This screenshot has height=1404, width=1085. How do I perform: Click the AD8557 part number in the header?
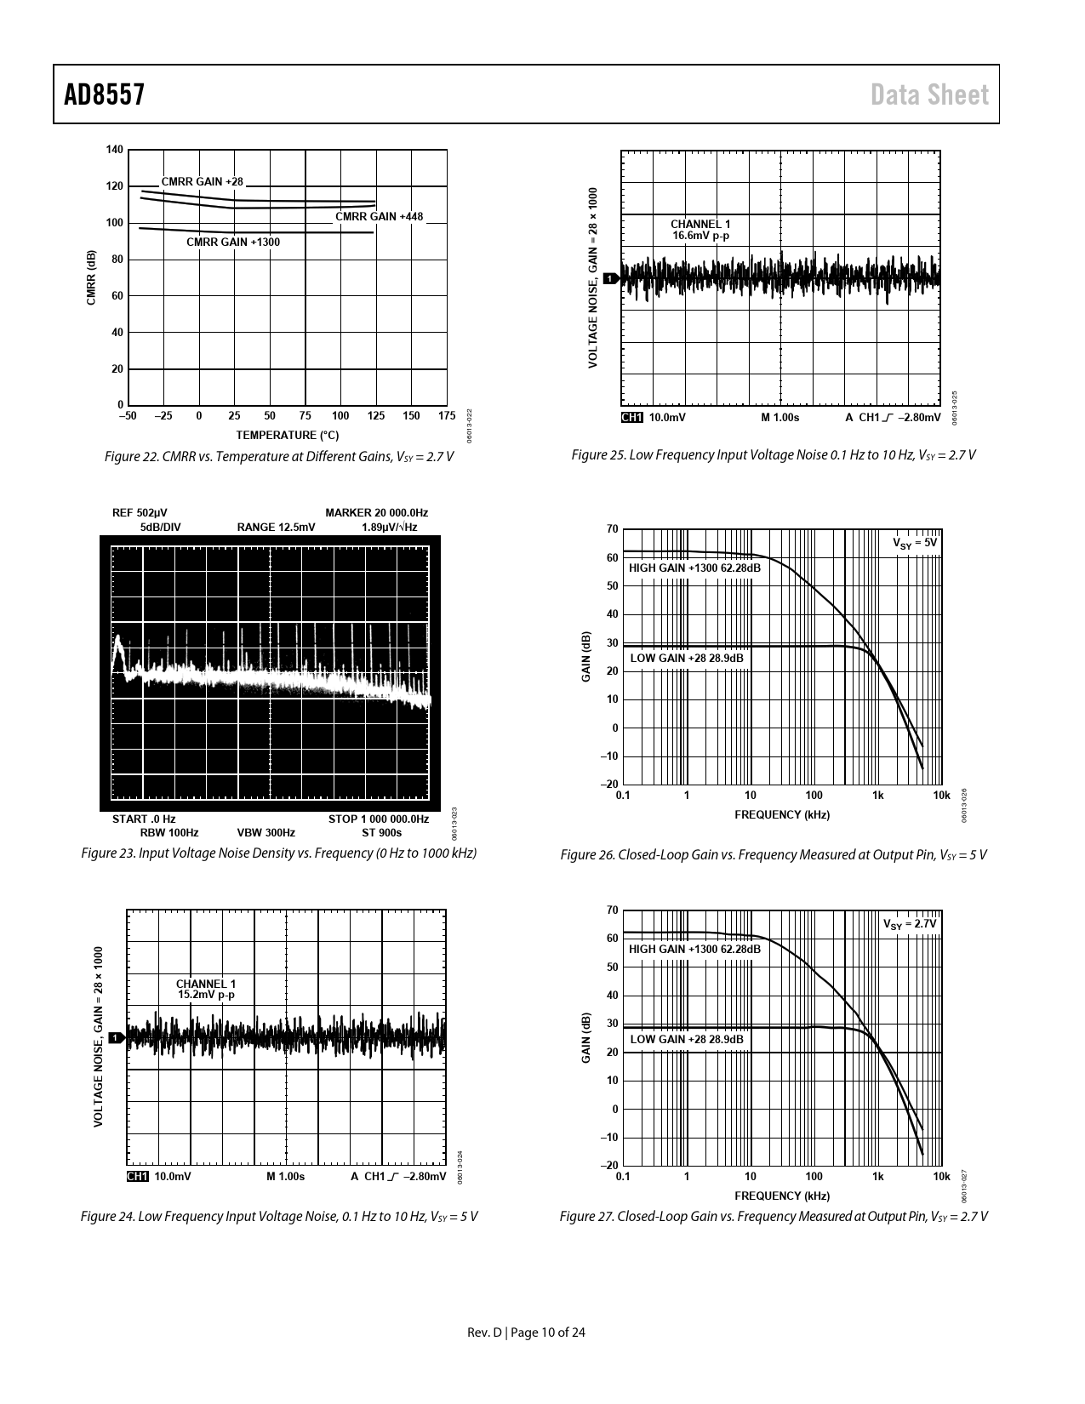104,94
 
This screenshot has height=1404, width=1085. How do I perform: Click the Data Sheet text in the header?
929,94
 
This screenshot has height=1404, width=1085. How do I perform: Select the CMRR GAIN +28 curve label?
202,181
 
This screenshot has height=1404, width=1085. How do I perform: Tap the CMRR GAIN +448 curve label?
379,216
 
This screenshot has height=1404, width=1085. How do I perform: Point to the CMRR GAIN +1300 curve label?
232,243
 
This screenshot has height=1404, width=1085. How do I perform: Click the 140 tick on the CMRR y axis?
114,150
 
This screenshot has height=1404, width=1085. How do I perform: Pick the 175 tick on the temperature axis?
447,416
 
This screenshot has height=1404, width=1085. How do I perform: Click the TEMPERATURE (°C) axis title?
287,436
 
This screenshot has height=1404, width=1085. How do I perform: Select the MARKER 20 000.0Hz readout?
376,512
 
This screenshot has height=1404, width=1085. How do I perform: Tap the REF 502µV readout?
140,512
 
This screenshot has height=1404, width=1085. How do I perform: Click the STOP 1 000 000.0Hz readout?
378,819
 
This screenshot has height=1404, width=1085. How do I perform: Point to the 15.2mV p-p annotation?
206,995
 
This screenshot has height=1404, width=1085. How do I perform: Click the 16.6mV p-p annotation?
700,236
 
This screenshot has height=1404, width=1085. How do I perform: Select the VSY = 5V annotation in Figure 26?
914,543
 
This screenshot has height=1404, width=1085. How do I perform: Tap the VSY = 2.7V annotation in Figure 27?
909,924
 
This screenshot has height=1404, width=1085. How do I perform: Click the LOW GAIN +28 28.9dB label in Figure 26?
686,658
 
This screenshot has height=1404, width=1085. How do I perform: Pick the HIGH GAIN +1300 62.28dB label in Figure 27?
694,949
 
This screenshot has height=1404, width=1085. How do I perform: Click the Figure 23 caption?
278,853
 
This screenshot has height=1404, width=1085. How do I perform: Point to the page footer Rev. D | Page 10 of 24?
527,1332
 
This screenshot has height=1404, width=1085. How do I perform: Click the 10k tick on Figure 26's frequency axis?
941,795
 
